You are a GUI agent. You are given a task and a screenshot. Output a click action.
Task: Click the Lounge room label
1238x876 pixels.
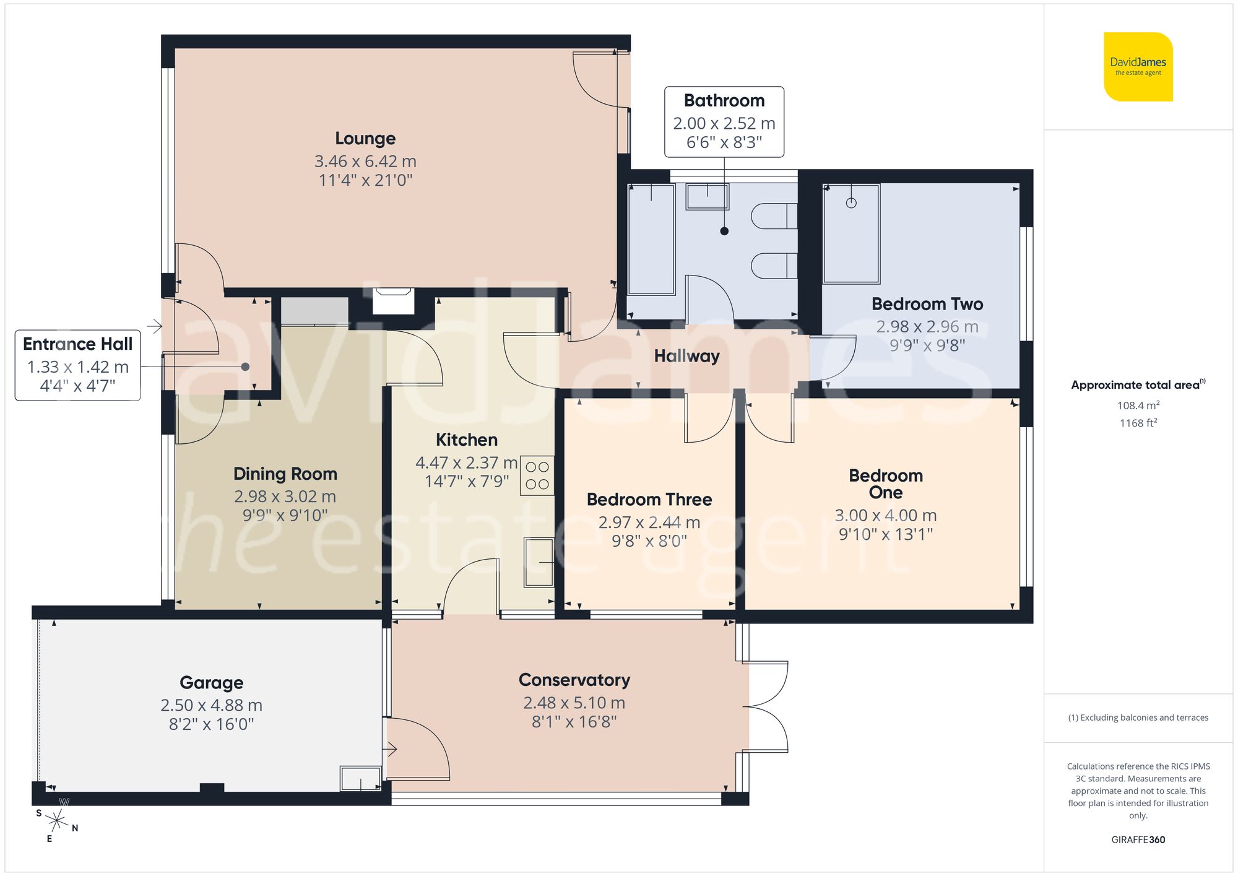[365, 139]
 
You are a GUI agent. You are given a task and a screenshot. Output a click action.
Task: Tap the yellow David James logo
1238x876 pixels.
[1138, 67]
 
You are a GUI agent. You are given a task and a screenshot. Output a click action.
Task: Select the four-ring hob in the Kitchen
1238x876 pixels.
[537, 475]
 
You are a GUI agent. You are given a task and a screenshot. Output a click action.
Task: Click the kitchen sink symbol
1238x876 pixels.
[539, 562]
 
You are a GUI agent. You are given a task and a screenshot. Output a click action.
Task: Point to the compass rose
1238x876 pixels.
[57, 822]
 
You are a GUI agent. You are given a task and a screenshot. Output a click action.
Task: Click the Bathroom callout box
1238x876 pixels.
[724, 121]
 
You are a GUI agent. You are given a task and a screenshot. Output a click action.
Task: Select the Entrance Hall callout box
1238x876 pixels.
[78, 365]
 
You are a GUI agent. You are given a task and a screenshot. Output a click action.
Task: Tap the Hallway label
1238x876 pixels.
[686, 356]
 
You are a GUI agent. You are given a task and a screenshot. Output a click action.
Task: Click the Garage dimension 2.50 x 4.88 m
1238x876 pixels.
[211, 705]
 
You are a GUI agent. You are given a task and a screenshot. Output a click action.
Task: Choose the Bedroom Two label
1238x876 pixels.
[927, 304]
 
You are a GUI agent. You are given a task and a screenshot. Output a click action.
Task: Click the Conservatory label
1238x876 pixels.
[574, 680]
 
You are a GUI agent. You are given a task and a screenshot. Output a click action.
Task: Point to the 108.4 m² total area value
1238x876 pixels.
[1138, 405]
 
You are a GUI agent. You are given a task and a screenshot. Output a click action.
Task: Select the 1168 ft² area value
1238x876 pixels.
[1138, 423]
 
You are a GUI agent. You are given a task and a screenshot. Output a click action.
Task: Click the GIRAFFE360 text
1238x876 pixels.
[1138, 839]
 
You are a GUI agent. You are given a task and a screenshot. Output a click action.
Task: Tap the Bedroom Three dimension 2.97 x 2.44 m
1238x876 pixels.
[649, 523]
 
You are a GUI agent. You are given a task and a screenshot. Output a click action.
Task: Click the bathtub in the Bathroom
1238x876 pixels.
[651, 239]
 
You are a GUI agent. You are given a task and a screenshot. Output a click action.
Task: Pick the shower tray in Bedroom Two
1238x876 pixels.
[851, 234]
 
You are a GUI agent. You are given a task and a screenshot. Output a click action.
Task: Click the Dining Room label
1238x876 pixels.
[285, 474]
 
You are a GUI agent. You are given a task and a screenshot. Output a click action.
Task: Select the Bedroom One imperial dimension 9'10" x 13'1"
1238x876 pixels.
[885, 534]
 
